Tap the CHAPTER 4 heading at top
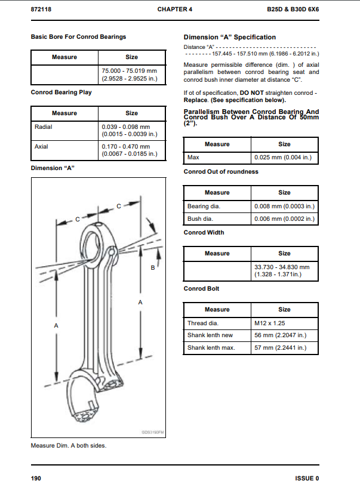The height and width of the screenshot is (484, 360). (175, 10)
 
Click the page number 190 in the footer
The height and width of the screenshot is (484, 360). (36, 478)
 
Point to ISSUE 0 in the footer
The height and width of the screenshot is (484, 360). (307, 478)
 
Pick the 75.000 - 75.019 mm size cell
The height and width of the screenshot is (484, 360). (132, 74)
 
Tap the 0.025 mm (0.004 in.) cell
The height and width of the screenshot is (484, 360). (284, 158)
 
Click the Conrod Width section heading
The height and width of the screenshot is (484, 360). (204, 233)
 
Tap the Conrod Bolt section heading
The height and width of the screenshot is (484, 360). (201, 289)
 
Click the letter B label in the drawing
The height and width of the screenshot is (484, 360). (152, 269)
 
